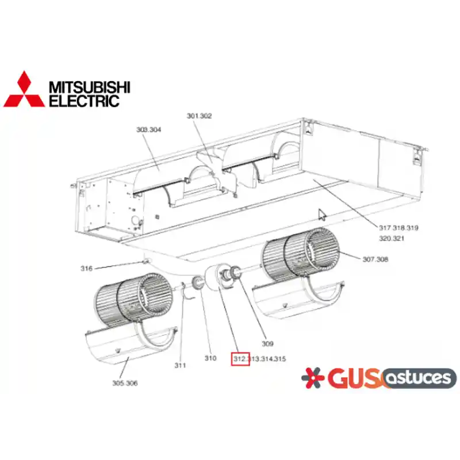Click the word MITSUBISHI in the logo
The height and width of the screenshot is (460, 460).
coord(90,87)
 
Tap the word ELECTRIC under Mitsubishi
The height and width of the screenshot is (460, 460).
coord(84,101)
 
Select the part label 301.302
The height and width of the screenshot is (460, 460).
coord(199,116)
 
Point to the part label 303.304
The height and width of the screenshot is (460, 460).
coord(149,129)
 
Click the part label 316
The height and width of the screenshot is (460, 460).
coord(87,269)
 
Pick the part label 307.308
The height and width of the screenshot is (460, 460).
coord(375,259)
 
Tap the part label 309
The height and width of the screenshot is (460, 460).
coord(267,343)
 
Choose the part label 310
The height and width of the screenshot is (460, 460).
coord(210,358)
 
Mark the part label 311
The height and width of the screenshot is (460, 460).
coord(180,365)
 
